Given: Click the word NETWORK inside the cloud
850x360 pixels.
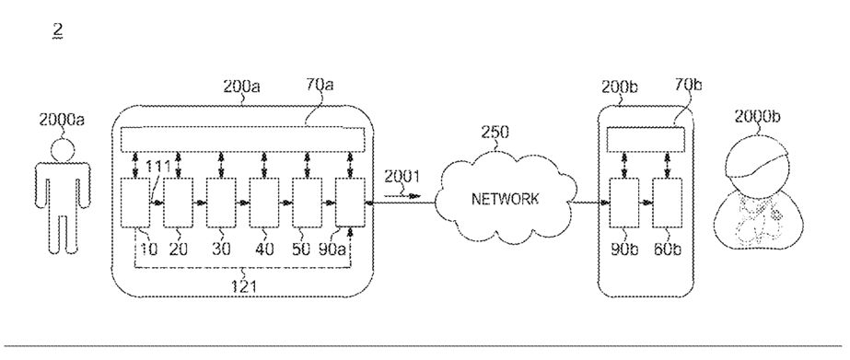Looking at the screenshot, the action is (506, 199).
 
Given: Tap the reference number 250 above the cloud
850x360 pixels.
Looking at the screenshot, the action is (495, 133).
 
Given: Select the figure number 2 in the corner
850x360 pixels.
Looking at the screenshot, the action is (57, 30).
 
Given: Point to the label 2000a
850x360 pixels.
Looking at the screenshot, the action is (62, 120).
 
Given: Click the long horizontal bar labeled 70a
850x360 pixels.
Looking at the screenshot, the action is (242, 139).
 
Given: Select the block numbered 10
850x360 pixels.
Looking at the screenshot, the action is (134, 203).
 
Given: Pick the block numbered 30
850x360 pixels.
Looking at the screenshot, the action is (221, 203).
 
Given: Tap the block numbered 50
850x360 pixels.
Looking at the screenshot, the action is (307, 203).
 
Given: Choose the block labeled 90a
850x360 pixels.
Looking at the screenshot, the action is (350, 203).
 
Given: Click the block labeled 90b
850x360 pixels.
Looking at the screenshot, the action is (624, 203).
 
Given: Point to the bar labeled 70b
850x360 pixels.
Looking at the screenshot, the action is (646, 139).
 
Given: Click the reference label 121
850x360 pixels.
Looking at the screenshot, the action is (243, 285).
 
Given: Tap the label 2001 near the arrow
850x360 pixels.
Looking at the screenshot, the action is (402, 177).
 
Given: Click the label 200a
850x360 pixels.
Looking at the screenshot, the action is (241, 87).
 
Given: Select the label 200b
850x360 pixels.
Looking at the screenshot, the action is (620, 87).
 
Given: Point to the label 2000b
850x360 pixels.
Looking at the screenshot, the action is (757, 116).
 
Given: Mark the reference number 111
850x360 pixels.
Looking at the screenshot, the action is (158, 166).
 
